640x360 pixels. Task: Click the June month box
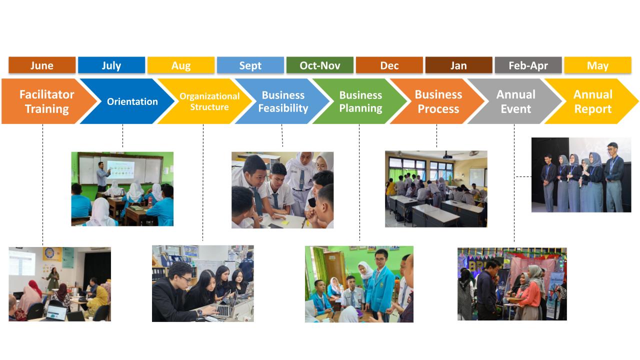[42, 65]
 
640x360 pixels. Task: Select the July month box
[111, 65]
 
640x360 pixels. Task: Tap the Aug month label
[181, 65]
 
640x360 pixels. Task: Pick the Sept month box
[250, 65]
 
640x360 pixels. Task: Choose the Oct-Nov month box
[319, 65]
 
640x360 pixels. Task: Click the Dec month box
[389, 65]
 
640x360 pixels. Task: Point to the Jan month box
[458, 65]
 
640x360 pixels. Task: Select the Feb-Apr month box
[528, 65]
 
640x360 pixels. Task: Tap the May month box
[597, 65]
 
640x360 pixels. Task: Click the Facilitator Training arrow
[47, 101]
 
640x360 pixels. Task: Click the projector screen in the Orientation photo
[120, 169]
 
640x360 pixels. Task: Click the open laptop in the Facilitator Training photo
[56, 313]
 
